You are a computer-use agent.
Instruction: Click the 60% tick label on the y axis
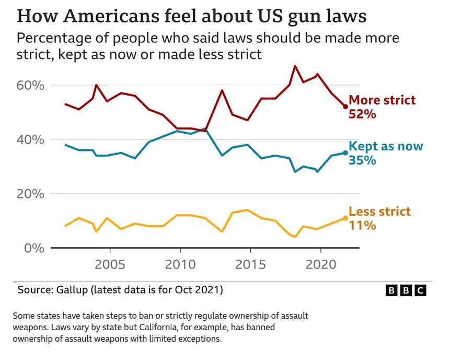(32, 85)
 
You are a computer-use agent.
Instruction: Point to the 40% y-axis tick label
(32, 140)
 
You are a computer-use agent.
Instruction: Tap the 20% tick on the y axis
(32, 194)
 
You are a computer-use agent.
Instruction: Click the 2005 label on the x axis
(110, 263)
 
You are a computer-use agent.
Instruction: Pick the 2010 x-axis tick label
(180, 263)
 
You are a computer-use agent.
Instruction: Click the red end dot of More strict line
(345, 107)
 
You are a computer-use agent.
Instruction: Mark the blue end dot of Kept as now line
(345, 153)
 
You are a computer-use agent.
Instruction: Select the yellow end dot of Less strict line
(345, 218)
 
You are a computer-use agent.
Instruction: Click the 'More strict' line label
(382, 100)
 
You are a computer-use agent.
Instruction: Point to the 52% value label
(363, 114)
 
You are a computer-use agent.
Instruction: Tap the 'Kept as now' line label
(386, 146)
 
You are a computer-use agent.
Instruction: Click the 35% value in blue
(363, 160)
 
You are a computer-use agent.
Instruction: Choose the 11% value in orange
(363, 226)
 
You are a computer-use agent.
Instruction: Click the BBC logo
(406, 291)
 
